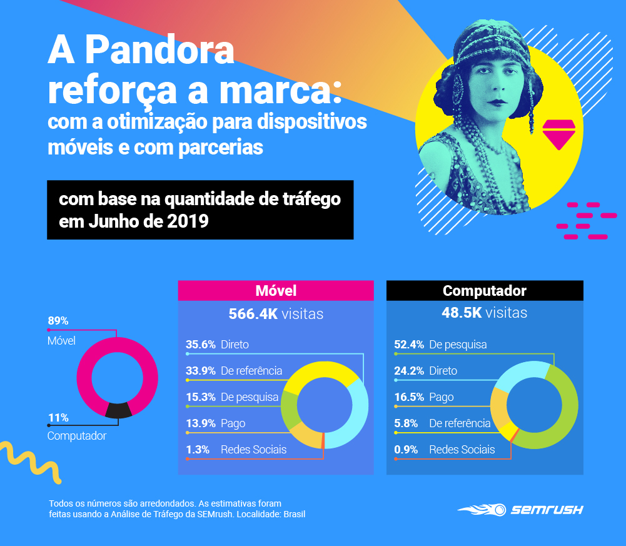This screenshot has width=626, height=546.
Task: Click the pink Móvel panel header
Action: coord(276,291)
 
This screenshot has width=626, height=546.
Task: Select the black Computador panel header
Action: coord(485,291)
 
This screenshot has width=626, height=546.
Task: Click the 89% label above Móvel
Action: coord(58,321)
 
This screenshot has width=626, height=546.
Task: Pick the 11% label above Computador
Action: coord(58,418)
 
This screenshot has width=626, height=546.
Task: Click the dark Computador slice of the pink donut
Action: coord(119,410)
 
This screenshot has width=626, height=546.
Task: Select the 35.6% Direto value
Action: coord(201,344)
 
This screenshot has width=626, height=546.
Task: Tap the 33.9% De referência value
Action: coord(201,371)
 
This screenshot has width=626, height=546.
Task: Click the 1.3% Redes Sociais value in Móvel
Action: coord(198,449)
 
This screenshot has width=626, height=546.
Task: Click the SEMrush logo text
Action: coord(547,510)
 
